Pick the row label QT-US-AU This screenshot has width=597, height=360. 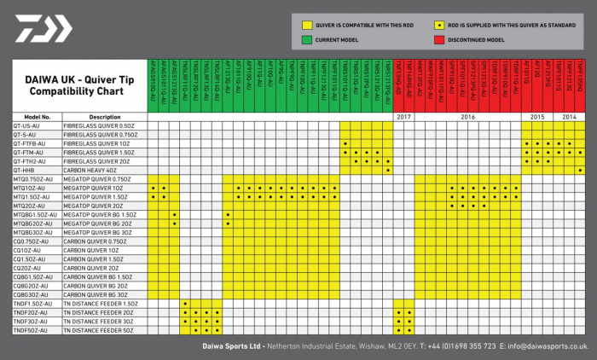(25, 125)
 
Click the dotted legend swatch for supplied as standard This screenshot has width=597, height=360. (438, 24)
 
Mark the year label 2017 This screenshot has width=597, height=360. (404, 117)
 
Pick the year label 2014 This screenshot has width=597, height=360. (569, 117)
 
